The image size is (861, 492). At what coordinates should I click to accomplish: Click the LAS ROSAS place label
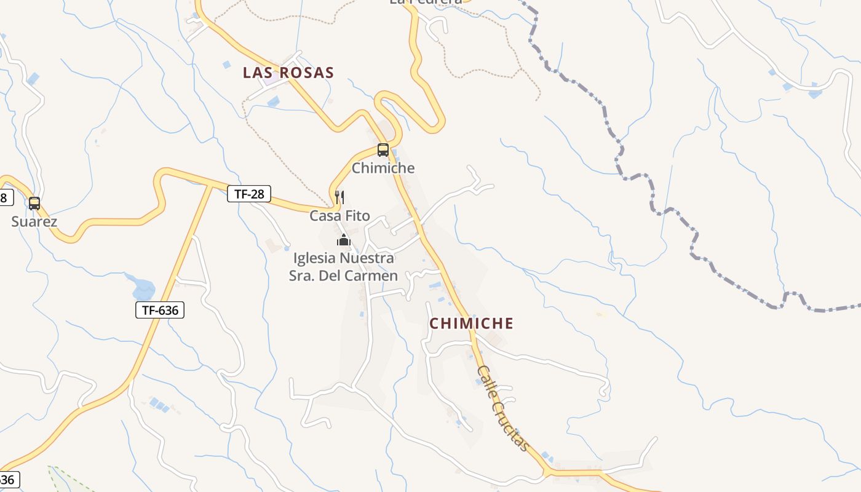[x=288, y=73]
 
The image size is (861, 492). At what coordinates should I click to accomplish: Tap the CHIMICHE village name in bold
[x=471, y=323]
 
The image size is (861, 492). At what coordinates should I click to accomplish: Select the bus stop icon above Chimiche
[x=383, y=149]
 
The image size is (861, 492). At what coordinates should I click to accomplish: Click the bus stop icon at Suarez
[x=34, y=203]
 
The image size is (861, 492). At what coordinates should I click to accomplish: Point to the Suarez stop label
[x=34, y=221]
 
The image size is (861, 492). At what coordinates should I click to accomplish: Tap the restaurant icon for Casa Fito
[x=339, y=197]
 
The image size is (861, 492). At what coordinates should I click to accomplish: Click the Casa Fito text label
[x=339, y=216]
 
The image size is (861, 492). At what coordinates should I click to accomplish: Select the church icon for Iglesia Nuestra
[x=343, y=240]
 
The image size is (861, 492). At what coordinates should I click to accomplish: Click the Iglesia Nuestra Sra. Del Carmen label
[x=343, y=267]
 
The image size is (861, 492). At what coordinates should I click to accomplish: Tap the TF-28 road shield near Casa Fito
[x=249, y=194]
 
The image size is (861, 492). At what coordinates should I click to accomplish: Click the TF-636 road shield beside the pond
[x=160, y=310]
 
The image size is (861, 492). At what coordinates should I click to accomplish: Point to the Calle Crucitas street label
[x=503, y=408]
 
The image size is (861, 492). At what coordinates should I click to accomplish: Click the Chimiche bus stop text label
[x=383, y=168]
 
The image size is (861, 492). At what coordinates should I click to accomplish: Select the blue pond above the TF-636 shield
[x=143, y=288]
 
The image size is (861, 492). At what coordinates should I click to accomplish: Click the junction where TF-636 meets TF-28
[x=210, y=184]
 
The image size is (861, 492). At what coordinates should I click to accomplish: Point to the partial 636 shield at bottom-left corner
[x=9, y=479]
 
